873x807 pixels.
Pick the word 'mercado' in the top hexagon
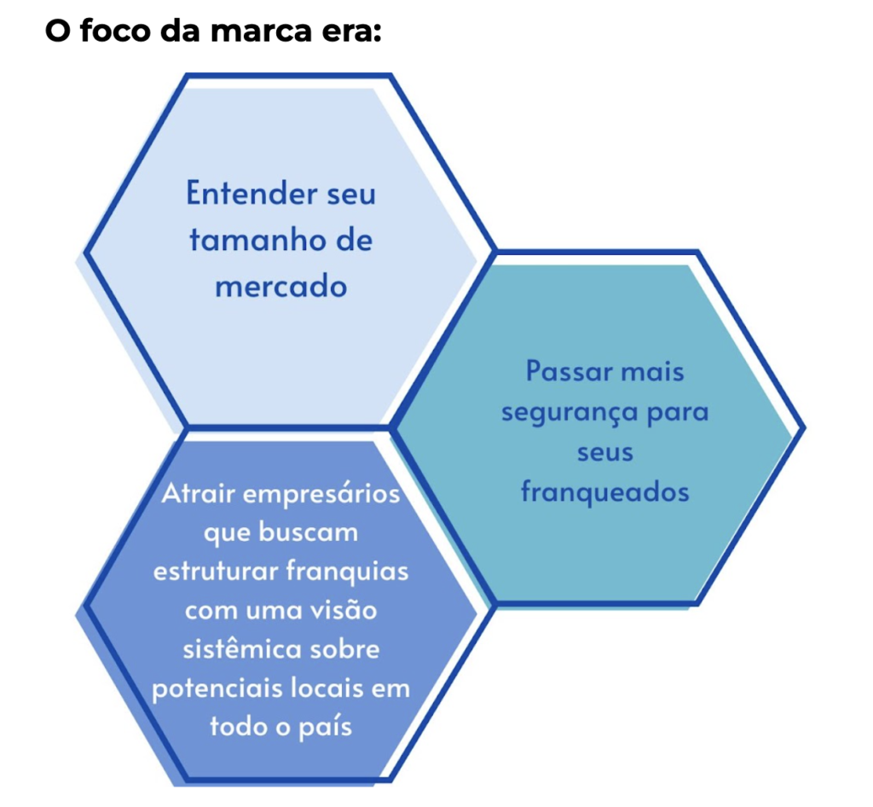(281, 286)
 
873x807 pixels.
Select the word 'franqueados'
(604, 492)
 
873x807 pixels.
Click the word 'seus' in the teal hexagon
(604, 452)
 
